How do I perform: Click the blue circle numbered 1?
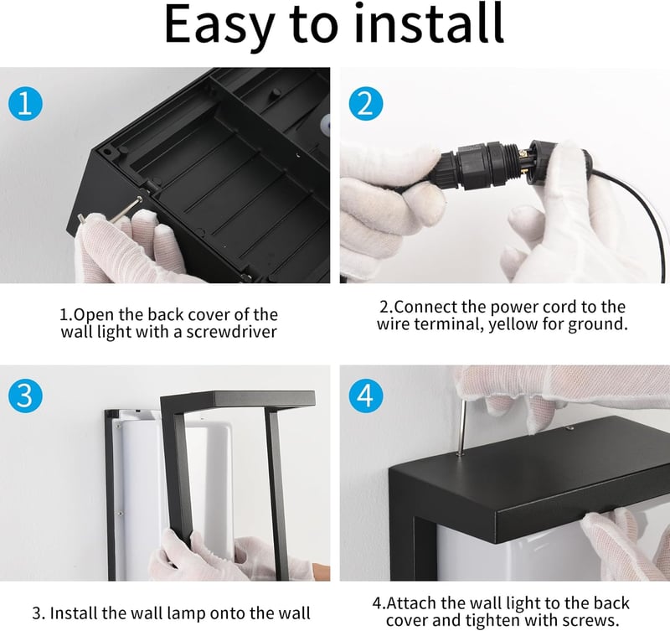click(26, 104)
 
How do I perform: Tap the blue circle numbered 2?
click(366, 104)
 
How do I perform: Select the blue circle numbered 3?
click(26, 395)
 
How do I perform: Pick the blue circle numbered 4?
click(366, 395)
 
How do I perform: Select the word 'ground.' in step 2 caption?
click(598, 325)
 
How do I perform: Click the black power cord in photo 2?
click(633, 201)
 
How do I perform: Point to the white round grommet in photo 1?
click(326, 123)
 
